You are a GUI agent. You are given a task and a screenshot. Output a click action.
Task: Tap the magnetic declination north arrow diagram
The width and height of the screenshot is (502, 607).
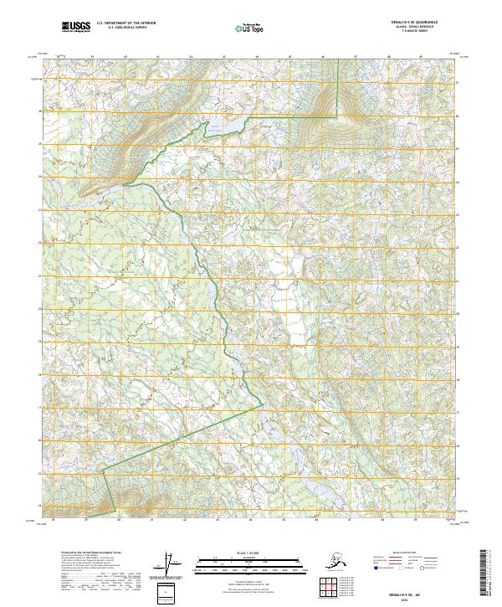pyautogui.click(x=174, y=566)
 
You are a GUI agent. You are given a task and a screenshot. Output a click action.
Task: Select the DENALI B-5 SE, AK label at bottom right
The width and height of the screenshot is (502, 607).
pyautogui.click(x=435, y=589)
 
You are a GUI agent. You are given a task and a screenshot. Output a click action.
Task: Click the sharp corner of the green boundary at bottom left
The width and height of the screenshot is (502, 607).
pyautogui.click(x=103, y=471)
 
